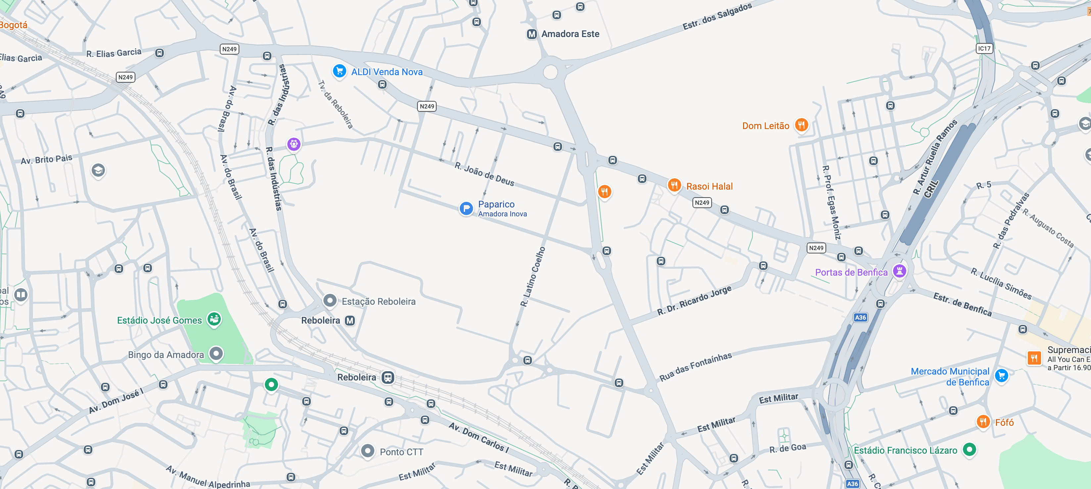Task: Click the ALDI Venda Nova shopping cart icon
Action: [x=339, y=71]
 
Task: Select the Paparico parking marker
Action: [x=466, y=208]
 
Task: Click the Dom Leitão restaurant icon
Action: [x=801, y=125]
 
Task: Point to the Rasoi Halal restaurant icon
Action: [x=674, y=185]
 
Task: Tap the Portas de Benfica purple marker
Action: [x=899, y=271]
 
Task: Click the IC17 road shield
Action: [x=984, y=48]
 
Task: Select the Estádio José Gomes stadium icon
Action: [x=214, y=319]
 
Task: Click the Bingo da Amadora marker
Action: [x=216, y=354]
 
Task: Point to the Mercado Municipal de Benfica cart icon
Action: [x=1001, y=375]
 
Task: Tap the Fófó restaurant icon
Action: [x=983, y=422]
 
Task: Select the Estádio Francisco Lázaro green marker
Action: [x=969, y=449]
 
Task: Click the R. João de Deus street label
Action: [x=485, y=174]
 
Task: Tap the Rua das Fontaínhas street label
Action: [x=695, y=367]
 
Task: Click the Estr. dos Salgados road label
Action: [x=717, y=16]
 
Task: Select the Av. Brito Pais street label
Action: [x=47, y=159]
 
